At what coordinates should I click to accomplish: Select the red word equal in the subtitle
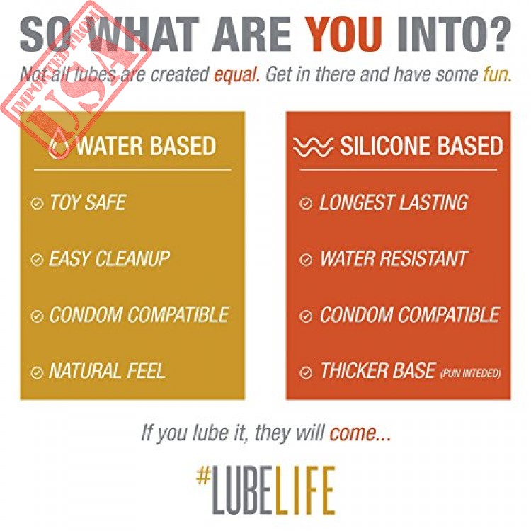pos(236,75)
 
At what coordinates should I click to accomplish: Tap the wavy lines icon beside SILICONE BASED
pos(313,147)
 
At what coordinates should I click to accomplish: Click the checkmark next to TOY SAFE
pos(37,203)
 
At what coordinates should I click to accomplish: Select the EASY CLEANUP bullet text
pos(109,259)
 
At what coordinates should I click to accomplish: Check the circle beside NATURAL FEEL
pos(37,372)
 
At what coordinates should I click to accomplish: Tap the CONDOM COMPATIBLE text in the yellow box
pos(139,315)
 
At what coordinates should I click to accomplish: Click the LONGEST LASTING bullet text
pos(394,202)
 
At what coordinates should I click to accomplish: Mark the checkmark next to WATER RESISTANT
pos(306,260)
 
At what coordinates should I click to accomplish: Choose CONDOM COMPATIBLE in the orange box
pos(410,315)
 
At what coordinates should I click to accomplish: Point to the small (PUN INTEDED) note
pos(470,373)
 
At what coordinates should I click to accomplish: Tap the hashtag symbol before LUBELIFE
pos(203,475)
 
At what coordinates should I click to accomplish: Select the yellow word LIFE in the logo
pos(305,490)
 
